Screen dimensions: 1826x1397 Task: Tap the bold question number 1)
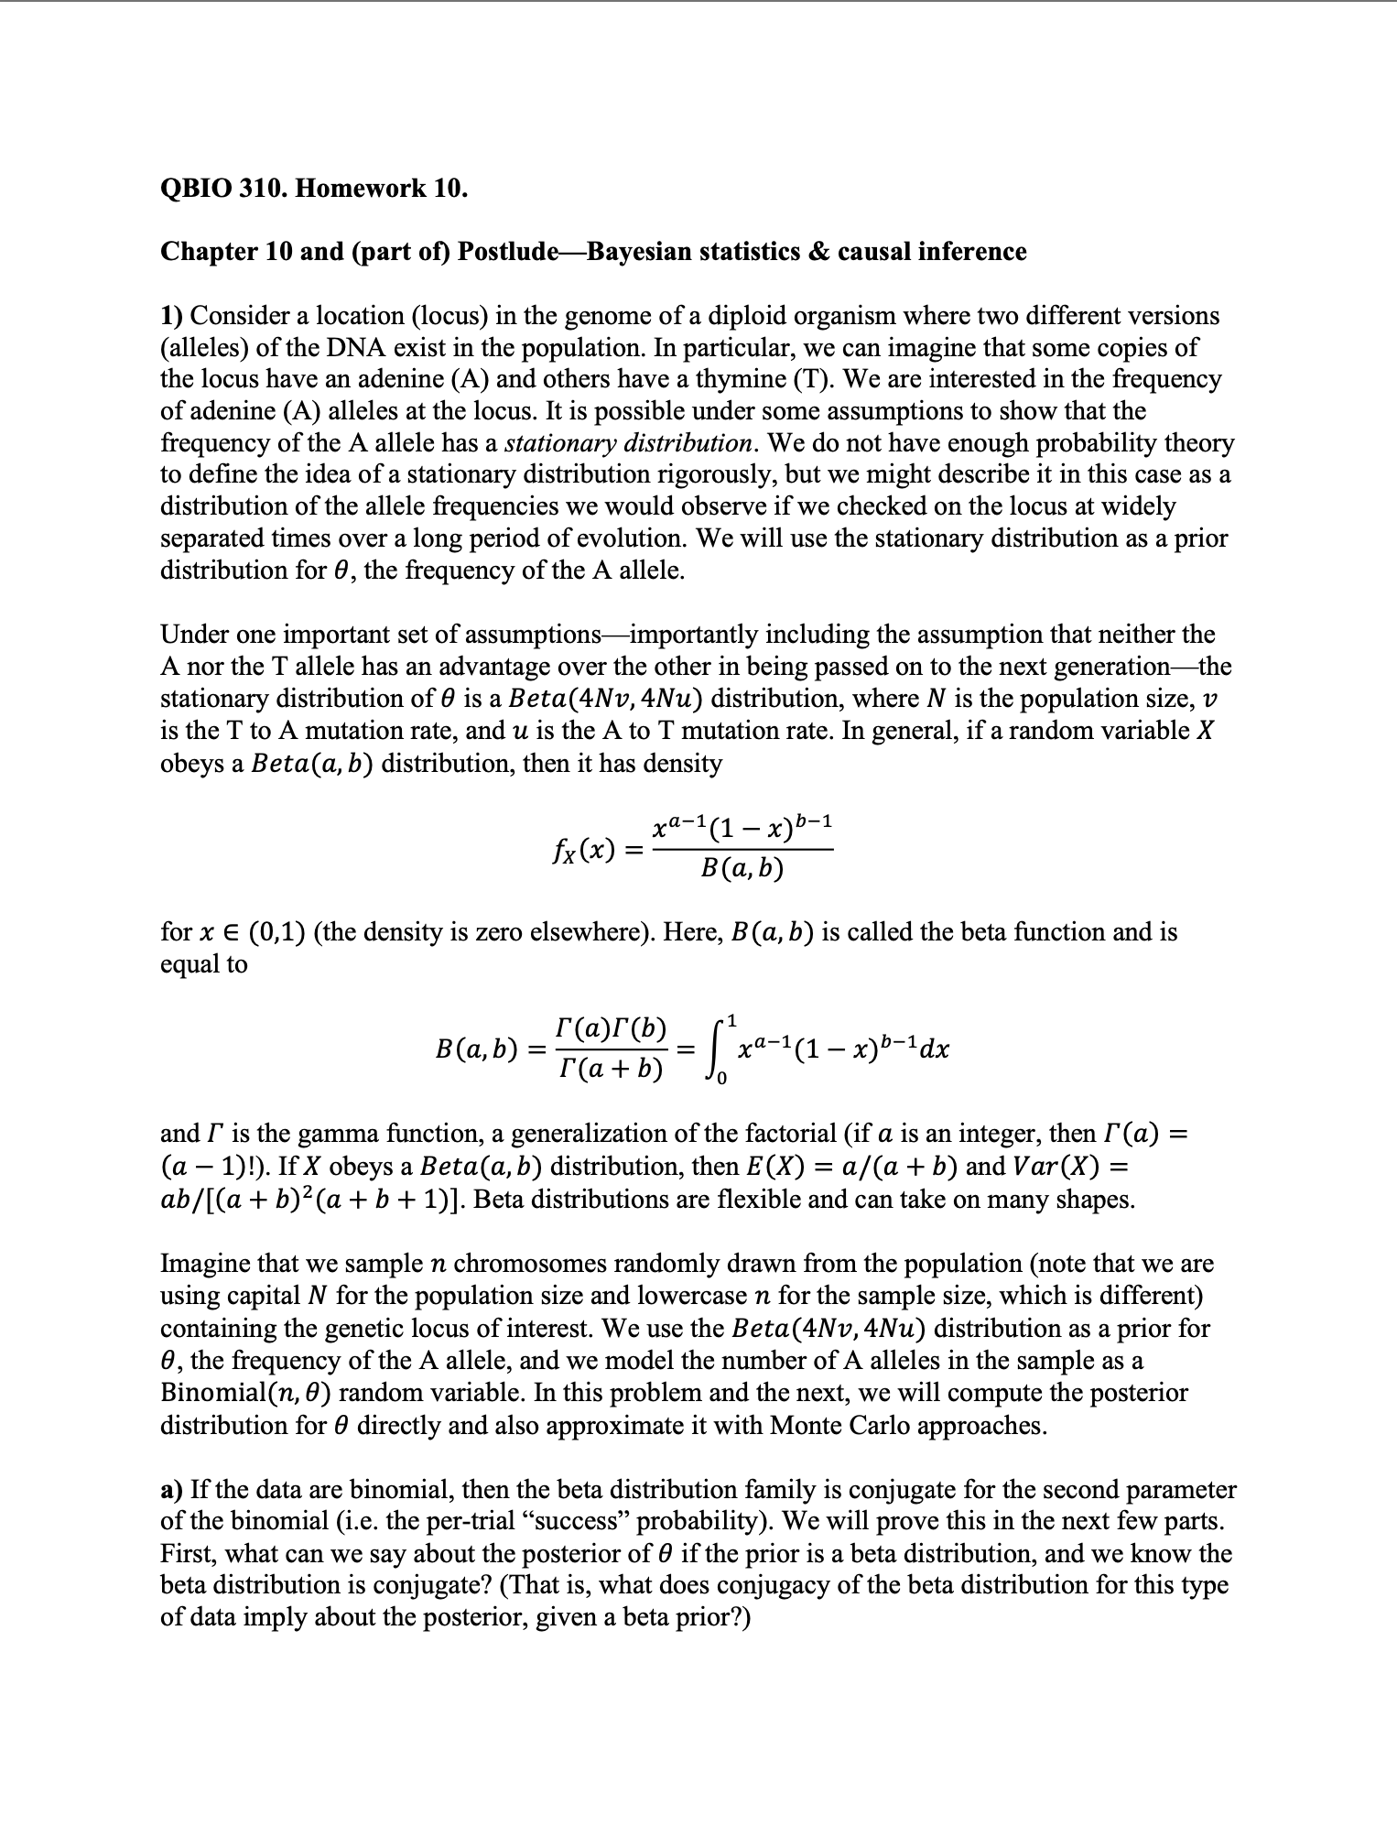point(172,316)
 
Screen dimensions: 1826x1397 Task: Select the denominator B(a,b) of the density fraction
point(742,868)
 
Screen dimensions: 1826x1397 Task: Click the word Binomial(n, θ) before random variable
point(245,1393)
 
